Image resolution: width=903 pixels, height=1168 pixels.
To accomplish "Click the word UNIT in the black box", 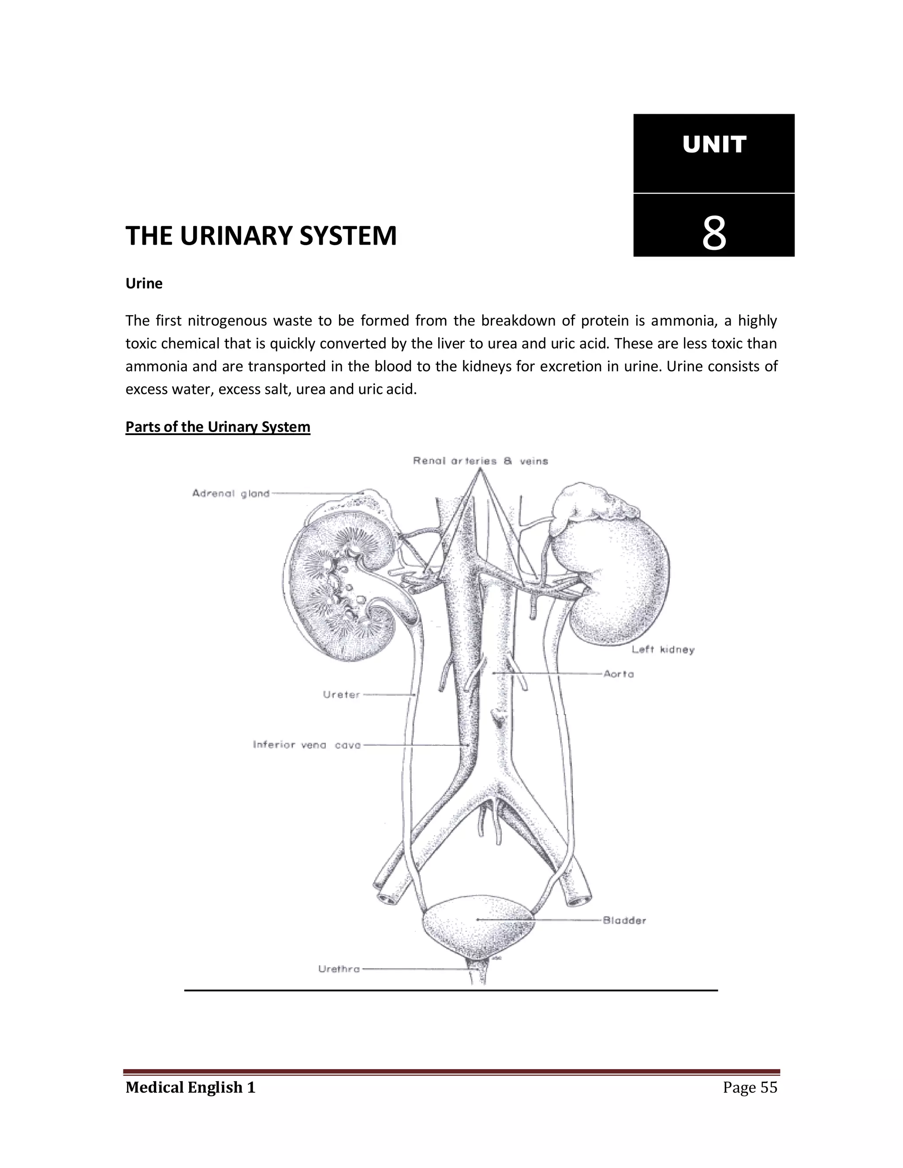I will point(714,145).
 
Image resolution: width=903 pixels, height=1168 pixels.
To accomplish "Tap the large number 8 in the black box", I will point(714,233).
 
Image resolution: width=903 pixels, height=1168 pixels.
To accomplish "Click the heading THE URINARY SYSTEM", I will point(261,236).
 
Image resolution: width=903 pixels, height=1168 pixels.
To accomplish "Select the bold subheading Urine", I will point(144,283).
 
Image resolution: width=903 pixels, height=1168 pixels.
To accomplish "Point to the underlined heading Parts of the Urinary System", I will point(218,427).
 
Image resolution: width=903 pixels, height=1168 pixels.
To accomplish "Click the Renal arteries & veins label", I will point(481,461).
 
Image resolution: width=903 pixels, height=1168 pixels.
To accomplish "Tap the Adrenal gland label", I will point(231,494).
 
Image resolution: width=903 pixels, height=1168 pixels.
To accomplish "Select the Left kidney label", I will point(663,650).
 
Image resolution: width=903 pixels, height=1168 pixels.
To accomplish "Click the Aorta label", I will point(619,674).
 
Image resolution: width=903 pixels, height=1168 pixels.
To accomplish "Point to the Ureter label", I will point(342,695).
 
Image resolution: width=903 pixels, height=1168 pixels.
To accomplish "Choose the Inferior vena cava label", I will point(306,745).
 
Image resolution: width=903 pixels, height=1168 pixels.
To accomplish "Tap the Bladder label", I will point(624,920).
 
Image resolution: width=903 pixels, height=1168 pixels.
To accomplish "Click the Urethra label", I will point(339,968).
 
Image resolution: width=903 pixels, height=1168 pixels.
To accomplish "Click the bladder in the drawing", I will point(478,928).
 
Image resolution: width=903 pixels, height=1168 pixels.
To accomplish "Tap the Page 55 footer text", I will point(750,1087).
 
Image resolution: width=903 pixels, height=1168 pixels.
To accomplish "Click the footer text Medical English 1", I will point(190,1087).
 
